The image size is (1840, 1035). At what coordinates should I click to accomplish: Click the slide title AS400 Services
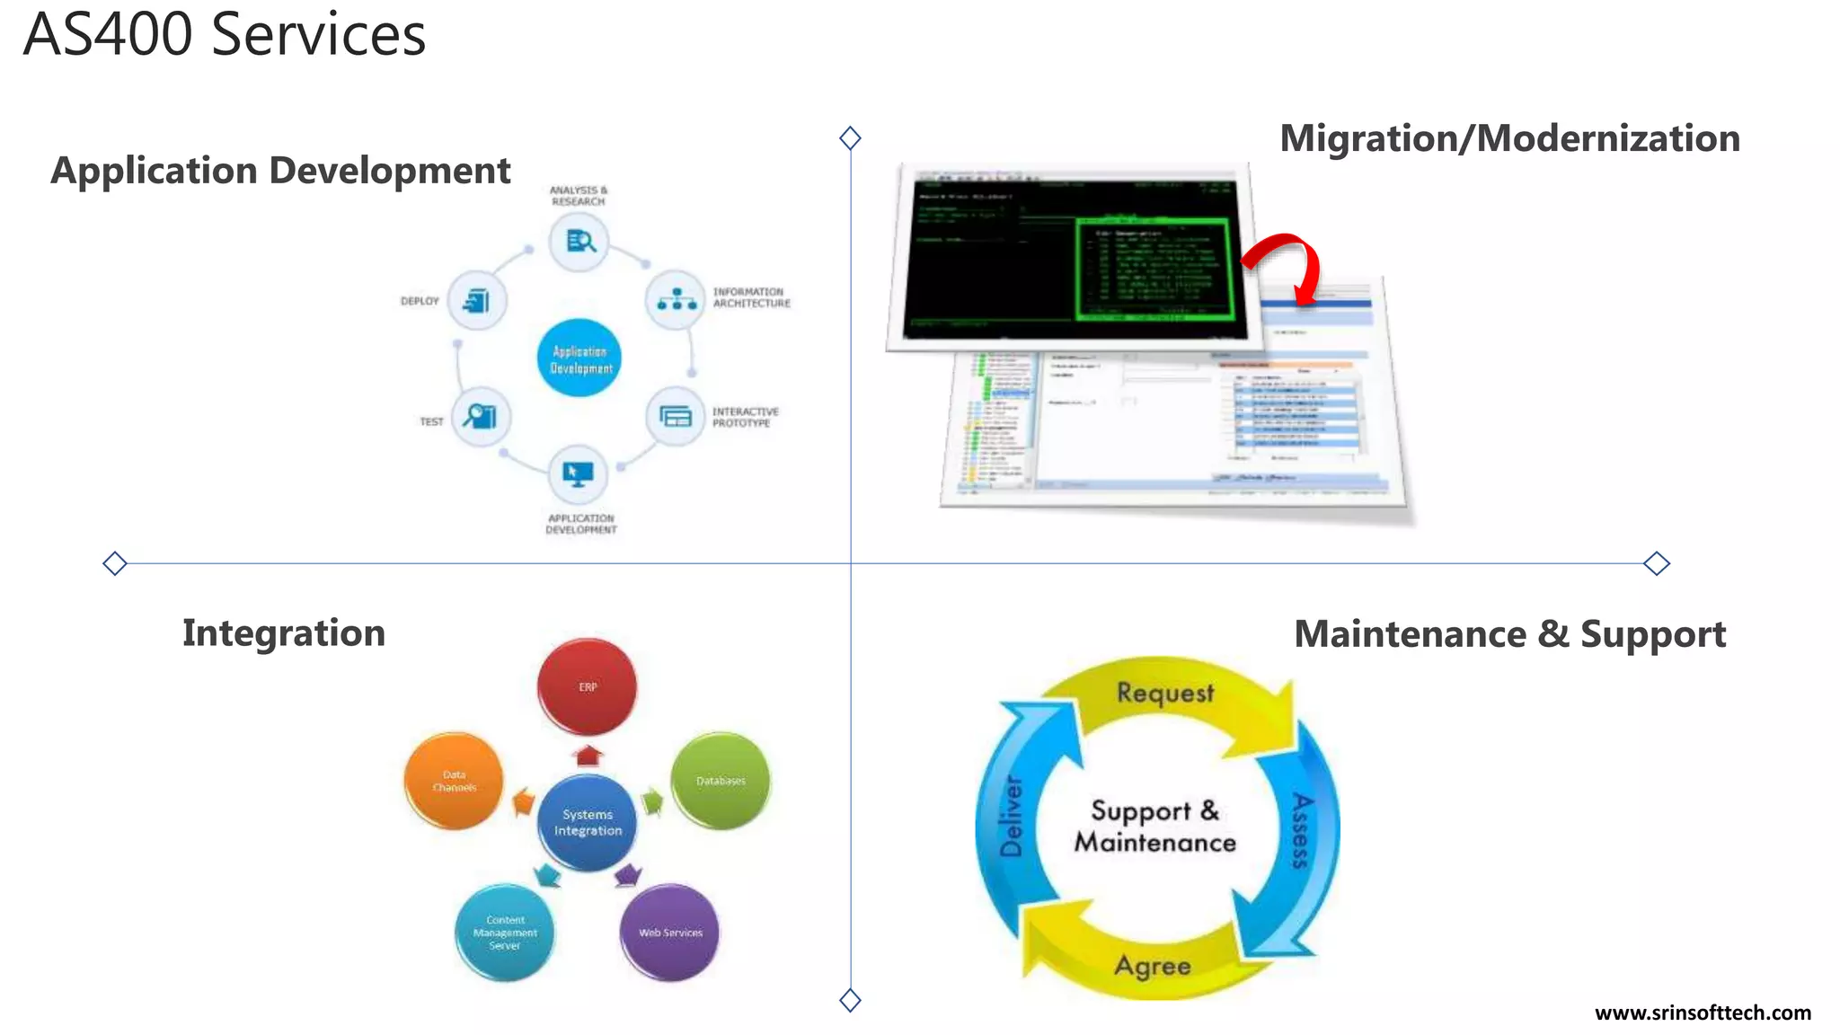click(x=224, y=36)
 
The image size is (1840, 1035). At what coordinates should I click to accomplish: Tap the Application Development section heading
click(x=280, y=171)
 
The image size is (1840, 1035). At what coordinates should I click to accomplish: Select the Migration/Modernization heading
click(x=1509, y=138)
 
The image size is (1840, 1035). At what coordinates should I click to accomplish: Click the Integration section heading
click(x=284, y=633)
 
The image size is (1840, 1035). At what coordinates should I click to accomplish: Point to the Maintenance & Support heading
click(x=1509, y=634)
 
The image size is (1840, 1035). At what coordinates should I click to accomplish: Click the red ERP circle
click(x=587, y=686)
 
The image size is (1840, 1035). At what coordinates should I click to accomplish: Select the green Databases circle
click(x=721, y=780)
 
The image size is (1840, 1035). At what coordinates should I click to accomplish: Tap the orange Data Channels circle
click(x=454, y=780)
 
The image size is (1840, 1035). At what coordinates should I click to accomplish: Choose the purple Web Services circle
click(x=670, y=932)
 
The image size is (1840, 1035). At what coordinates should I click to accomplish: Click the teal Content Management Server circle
click(x=505, y=933)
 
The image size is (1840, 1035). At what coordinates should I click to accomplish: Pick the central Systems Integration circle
click(x=588, y=822)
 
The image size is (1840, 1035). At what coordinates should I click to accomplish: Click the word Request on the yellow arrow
click(x=1164, y=693)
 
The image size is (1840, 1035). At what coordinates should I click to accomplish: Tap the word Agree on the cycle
click(x=1153, y=966)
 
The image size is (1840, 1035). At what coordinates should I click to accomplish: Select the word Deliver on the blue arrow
click(x=1012, y=816)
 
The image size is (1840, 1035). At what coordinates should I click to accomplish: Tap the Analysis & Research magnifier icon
click(x=579, y=241)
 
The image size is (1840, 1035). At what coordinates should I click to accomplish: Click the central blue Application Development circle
click(x=579, y=358)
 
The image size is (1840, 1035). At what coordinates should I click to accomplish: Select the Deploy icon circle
click(x=477, y=300)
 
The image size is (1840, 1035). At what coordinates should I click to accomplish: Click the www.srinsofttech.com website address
click(x=1703, y=1013)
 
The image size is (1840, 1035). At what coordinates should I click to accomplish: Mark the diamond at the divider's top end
click(x=850, y=137)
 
